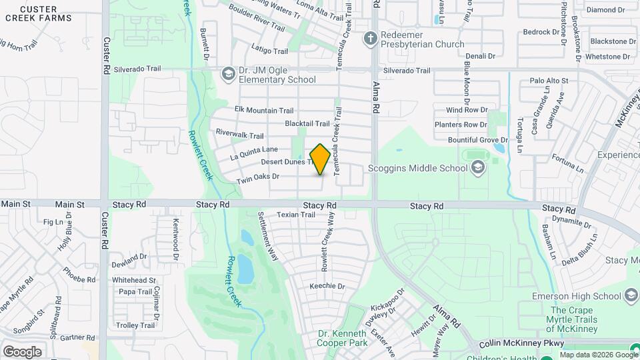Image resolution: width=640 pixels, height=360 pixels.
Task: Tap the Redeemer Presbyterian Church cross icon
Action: tap(371, 39)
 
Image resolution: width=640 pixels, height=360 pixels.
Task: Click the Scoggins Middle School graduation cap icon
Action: tap(477, 168)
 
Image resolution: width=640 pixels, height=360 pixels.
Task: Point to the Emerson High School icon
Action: tap(631, 296)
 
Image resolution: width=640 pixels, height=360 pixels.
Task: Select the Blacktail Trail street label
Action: tap(307, 123)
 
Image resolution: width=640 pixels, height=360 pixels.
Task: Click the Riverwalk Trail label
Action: tap(239, 134)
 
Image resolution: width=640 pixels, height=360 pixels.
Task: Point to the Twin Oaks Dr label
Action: tap(257, 177)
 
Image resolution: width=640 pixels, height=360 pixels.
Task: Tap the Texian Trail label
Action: tap(296, 215)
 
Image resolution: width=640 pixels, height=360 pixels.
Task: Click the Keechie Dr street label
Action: tap(327, 286)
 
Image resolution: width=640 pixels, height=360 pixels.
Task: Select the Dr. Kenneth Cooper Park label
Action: tap(342, 338)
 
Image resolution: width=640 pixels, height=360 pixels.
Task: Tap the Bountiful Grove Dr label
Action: tap(473, 140)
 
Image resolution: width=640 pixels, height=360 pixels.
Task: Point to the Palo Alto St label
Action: tap(548, 81)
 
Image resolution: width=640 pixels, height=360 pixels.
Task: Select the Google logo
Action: tap(22, 352)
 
